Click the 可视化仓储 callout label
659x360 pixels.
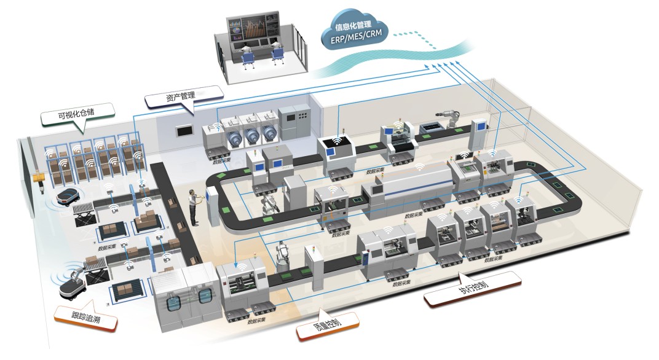point(77,114)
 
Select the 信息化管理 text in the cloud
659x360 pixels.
point(353,26)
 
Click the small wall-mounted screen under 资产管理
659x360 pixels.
point(184,130)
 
